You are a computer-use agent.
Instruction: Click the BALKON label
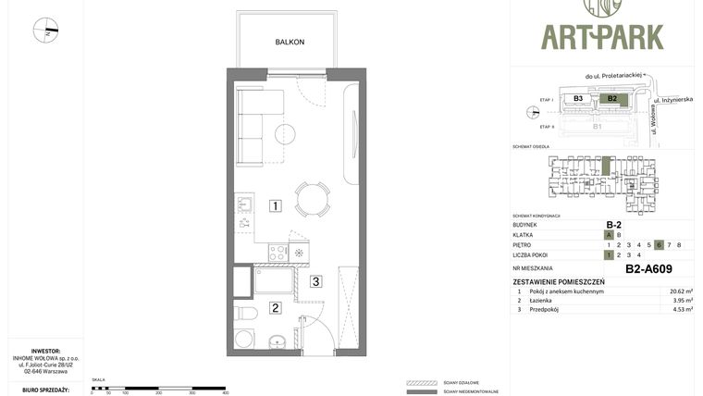coord(290,42)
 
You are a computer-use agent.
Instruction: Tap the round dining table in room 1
coord(312,198)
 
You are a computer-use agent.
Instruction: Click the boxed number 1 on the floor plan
coord(275,205)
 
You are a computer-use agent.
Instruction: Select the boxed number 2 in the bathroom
coord(275,308)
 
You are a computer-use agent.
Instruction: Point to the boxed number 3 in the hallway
coord(315,281)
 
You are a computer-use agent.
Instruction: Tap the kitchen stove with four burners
coord(277,252)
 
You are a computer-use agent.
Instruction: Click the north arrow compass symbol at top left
coord(45,31)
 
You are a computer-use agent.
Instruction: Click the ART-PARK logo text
coord(602,37)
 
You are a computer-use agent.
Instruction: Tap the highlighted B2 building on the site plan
coord(611,98)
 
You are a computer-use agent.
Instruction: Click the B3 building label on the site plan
coord(578,98)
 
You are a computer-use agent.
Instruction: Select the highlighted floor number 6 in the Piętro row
coord(659,244)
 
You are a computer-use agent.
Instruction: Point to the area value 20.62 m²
coord(681,291)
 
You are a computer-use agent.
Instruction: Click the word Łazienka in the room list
coord(543,301)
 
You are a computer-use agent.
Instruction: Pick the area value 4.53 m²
coord(681,310)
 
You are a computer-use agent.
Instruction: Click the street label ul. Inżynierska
coord(673,99)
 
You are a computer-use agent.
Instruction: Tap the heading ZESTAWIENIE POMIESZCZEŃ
coord(559,281)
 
